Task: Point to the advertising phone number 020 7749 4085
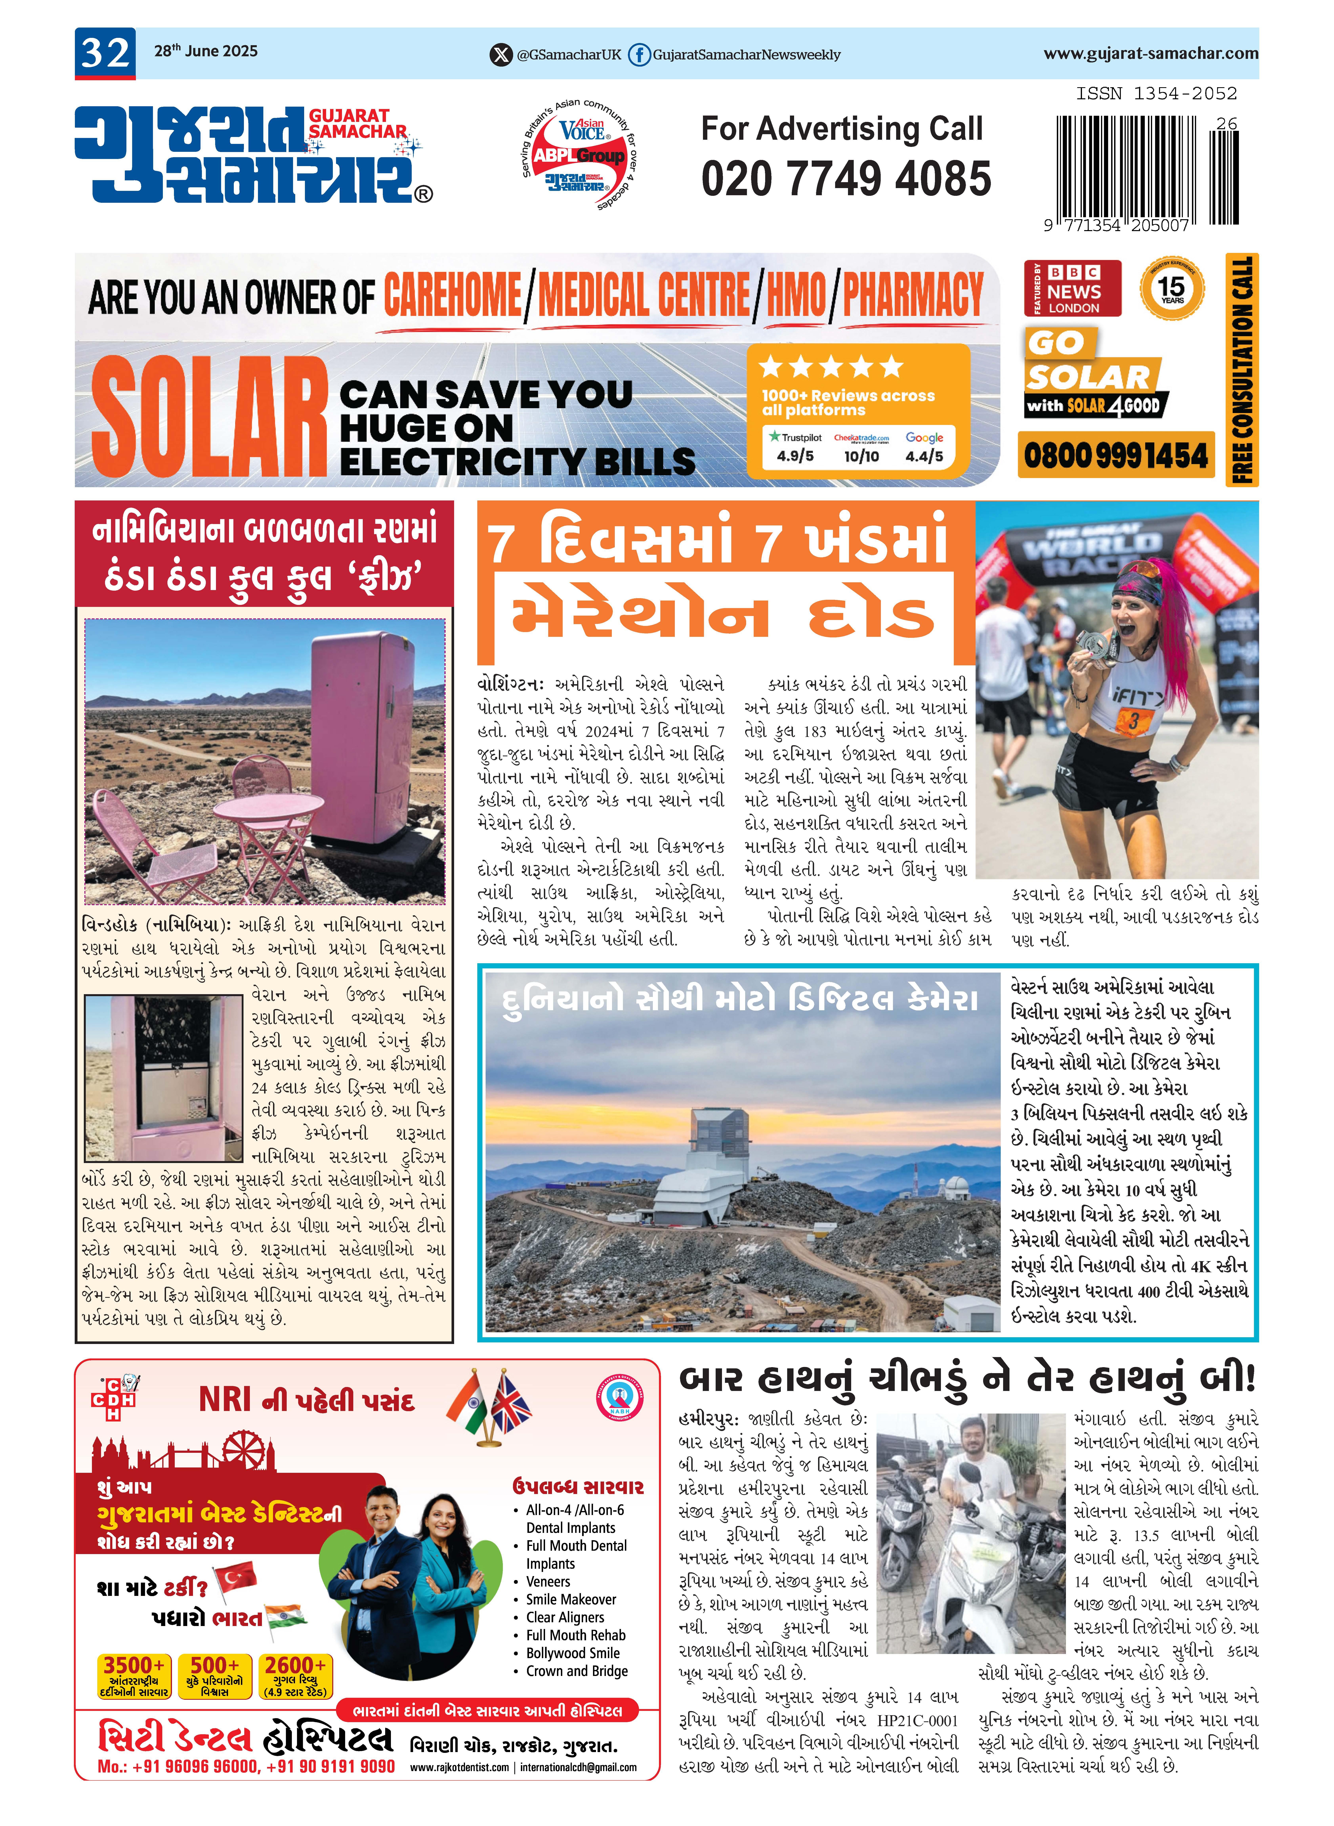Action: point(845,179)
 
